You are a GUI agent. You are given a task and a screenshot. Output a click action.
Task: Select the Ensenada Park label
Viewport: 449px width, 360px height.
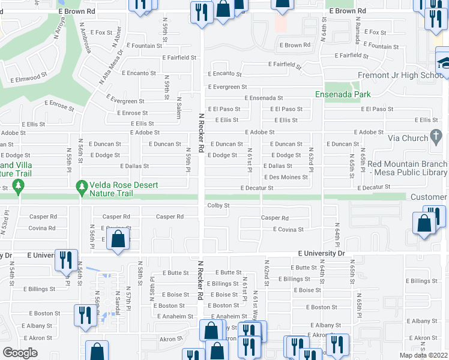click(343, 94)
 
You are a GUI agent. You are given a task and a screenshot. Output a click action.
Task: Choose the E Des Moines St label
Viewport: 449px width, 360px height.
click(286, 177)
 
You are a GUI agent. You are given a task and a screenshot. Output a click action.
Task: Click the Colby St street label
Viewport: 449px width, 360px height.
click(218, 205)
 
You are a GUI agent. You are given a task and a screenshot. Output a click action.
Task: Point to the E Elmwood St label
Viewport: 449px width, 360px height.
click(28, 77)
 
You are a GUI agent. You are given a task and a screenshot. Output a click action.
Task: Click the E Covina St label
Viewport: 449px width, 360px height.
click(288, 229)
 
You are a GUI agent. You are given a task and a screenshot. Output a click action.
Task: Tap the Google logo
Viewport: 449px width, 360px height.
click(20, 353)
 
